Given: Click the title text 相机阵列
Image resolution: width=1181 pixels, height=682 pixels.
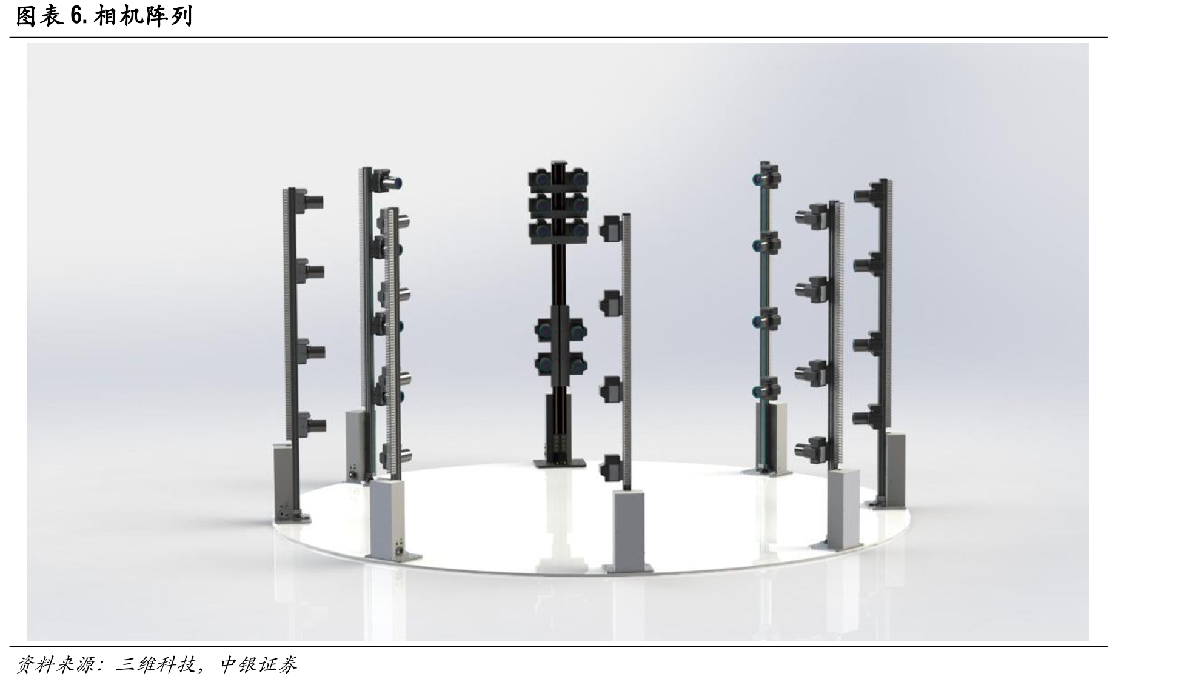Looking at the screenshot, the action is [x=142, y=16].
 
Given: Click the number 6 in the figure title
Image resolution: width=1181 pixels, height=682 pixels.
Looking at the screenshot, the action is [x=76, y=17].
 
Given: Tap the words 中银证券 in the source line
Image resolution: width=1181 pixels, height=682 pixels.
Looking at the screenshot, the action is [x=258, y=665].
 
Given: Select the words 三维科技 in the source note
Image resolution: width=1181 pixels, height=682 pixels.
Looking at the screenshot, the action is [x=155, y=665].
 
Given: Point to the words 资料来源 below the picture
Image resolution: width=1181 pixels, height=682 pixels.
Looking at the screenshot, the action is [x=54, y=665].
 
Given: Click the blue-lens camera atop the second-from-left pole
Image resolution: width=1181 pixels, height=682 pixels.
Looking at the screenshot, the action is [x=387, y=180].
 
